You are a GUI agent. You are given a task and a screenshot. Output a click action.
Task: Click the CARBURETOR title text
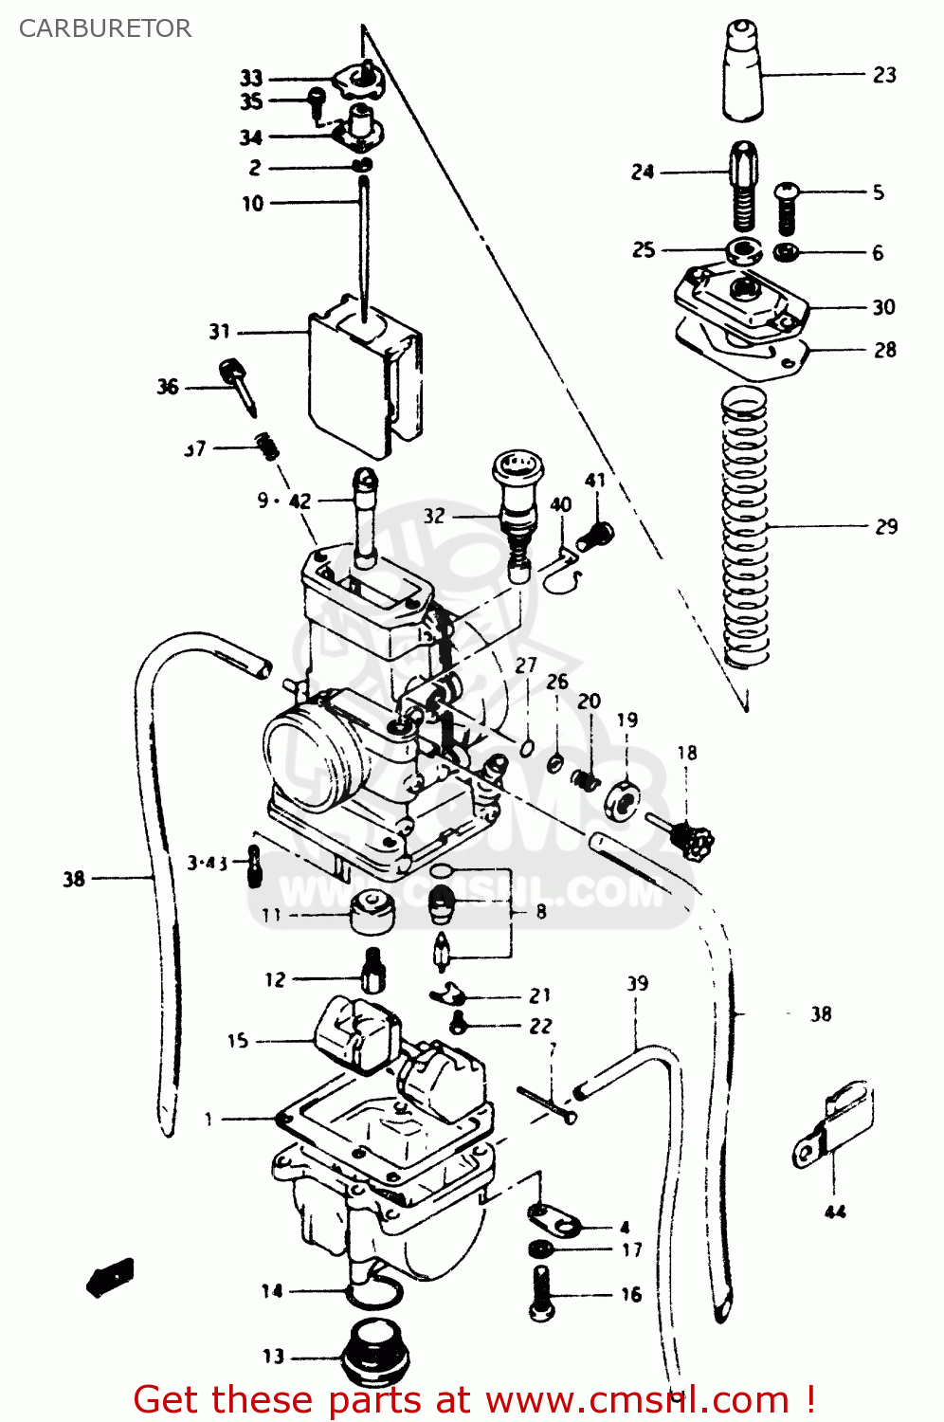[104, 28]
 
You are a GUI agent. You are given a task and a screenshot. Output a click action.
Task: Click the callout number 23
[883, 75]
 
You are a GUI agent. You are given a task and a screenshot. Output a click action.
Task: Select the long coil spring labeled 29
[745, 526]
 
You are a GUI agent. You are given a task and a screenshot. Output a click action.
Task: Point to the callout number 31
[219, 332]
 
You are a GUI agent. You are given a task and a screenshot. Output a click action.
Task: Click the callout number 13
[273, 1357]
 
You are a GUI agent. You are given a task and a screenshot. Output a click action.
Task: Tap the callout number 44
[834, 1212]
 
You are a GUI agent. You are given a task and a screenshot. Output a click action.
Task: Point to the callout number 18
[686, 753]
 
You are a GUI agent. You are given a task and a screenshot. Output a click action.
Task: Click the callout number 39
[637, 984]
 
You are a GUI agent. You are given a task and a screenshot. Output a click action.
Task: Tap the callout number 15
[237, 1041]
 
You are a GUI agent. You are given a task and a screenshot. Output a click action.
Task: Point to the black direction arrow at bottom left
[111, 1277]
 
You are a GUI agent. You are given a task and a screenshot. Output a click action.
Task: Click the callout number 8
[540, 911]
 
